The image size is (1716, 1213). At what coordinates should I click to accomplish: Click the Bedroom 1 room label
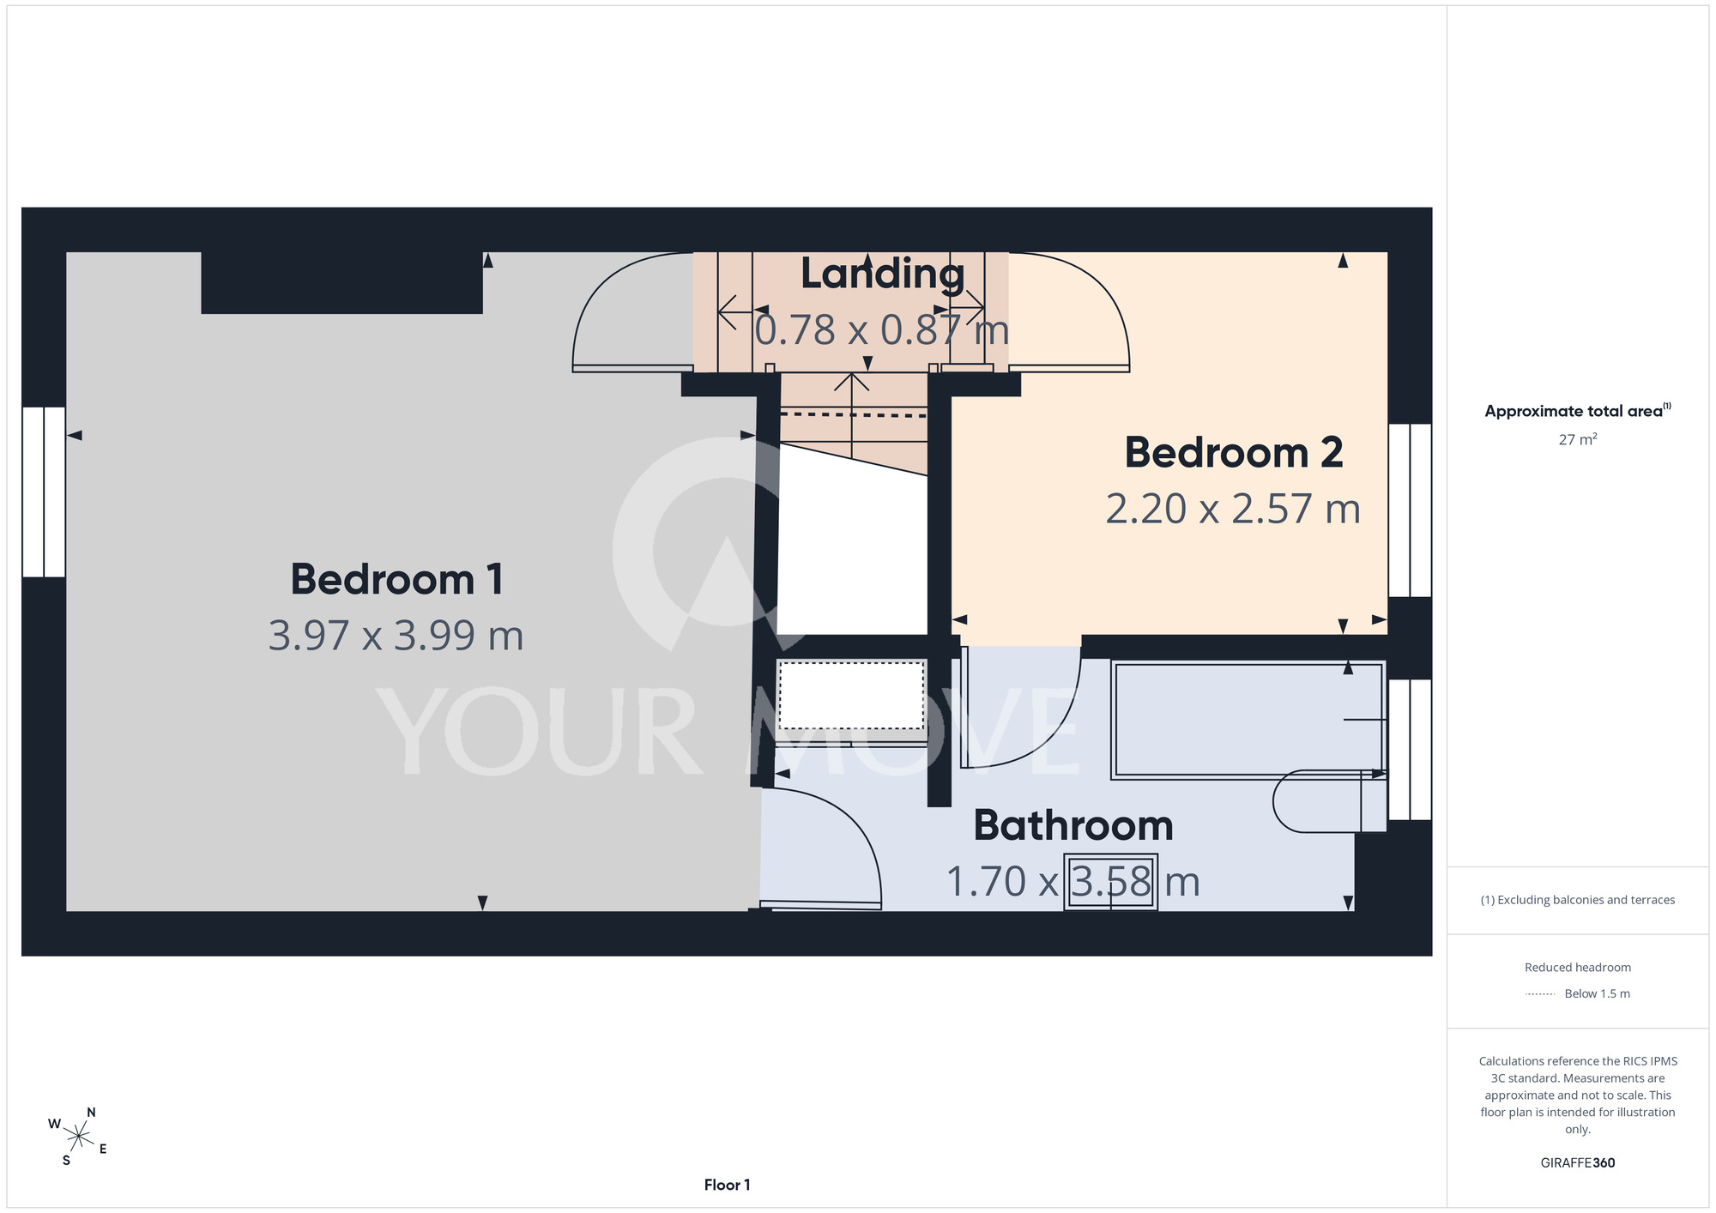point(396,579)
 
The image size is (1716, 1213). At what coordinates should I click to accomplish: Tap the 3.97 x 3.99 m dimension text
point(396,636)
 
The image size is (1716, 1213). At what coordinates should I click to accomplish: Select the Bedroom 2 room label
point(1234,452)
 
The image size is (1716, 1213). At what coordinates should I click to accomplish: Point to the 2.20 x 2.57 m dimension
point(1233,509)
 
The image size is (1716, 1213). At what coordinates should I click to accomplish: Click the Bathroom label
point(1073,825)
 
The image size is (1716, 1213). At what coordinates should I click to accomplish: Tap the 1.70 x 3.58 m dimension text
point(1072,882)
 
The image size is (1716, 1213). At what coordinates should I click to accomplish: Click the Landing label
point(883,275)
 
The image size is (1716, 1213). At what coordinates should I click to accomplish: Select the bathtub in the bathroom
point(1248,720)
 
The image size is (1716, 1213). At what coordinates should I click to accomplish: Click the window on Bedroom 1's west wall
point(44,492)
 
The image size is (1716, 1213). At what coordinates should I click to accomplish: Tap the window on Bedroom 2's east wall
point(1410,510)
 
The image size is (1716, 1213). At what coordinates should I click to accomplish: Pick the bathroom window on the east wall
point(1410,750)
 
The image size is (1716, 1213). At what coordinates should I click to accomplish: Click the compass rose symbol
point(78,1138)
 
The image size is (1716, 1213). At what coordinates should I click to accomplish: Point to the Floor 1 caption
point(727,1185)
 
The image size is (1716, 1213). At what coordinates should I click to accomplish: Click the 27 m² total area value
point(1578,439)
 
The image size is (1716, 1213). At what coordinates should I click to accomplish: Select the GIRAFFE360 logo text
point(1578,1163)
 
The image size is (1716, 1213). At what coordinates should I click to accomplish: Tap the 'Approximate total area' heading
point(1578,410)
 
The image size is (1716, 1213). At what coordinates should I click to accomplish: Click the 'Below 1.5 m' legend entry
point(1578,993)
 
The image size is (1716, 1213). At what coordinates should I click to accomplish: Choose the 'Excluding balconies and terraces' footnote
point(1578,900)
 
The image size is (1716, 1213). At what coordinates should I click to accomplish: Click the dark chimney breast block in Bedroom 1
point(341,282)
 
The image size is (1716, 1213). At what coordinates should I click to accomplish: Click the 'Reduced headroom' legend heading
point(1578,968)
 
